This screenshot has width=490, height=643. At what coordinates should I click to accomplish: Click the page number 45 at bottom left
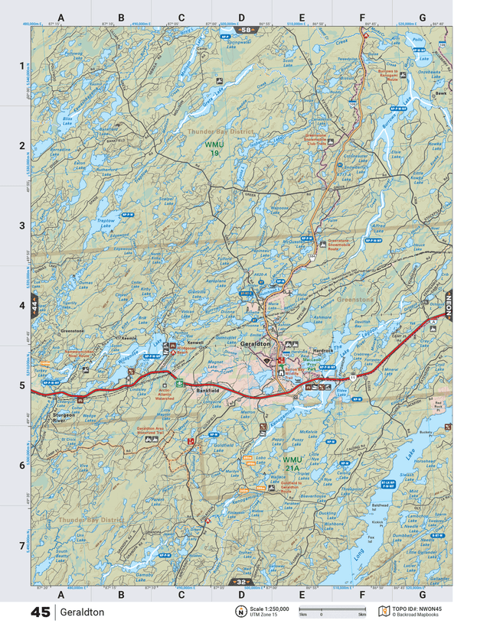click(x=41, y=612)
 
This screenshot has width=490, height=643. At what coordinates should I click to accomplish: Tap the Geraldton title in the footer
click(x=82, y=612)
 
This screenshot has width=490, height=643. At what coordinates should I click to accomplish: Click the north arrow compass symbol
click(x=240, y=612)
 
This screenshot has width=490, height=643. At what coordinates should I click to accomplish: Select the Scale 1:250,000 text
click(x=269, y=609)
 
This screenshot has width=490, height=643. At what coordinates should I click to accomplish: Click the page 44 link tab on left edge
click(x=34, y=310)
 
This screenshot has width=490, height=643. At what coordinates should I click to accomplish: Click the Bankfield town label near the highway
click(x=208, y=390)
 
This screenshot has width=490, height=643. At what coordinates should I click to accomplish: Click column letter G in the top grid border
click(x=422, y=17)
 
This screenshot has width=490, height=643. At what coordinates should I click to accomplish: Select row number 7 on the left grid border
click(x=21, y=545)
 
